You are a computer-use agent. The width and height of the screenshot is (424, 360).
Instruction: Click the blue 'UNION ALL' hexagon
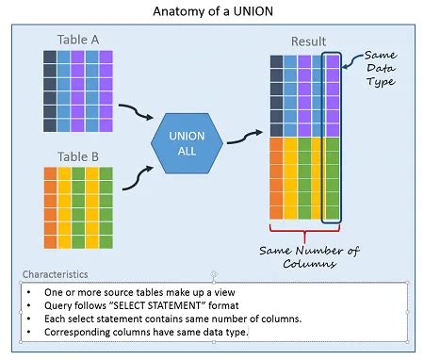point(186,142)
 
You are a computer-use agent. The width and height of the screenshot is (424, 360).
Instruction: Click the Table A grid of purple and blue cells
point(78,90)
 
